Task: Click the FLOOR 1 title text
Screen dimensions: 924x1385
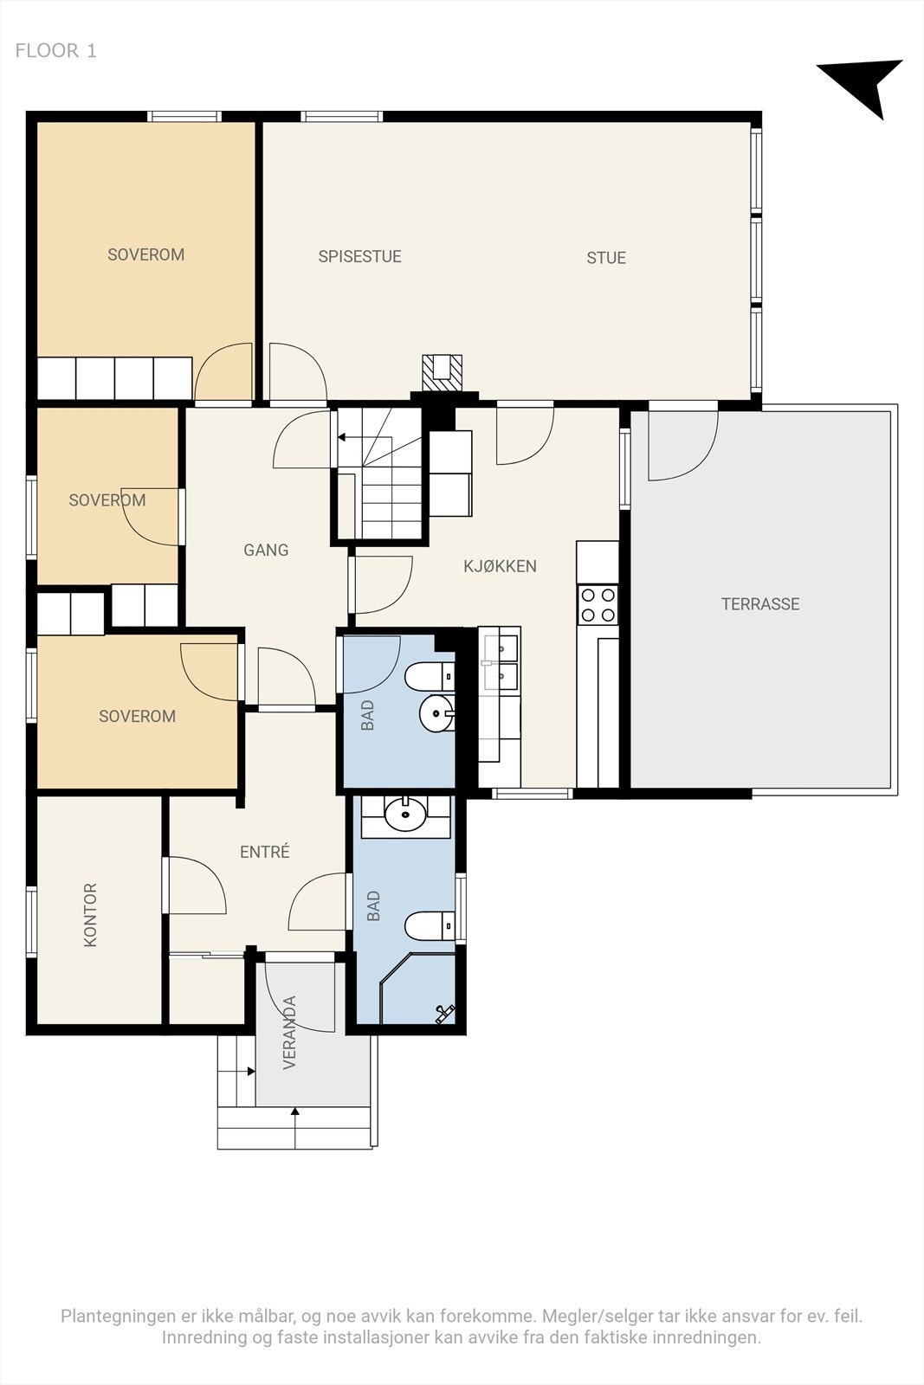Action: click(55, 51)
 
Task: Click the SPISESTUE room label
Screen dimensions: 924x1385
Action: click(360, 256)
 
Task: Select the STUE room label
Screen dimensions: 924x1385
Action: click(606, 258)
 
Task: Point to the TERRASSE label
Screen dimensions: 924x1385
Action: click(760, 604)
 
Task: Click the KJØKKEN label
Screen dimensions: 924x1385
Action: click(500, 566)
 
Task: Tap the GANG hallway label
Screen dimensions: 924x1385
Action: click(266, 550)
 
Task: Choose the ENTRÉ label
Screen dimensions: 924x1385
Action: click(265, 852)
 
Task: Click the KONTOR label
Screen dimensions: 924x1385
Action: click(90, 914)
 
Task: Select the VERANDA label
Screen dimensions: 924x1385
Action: click(289, 1033)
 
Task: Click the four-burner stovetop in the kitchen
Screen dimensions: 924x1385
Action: click(598, 605)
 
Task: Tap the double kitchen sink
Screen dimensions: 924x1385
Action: click(500, 661)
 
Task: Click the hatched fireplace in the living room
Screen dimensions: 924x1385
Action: click(443, 373)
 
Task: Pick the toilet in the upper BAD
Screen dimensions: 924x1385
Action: click(430, 676)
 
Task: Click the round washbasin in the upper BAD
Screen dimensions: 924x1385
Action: click(437, 713)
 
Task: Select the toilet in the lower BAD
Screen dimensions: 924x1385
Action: click(430, 925)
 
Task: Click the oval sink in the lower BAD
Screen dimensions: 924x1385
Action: click(405, 814)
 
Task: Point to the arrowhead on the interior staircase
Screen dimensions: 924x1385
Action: click(341, 437)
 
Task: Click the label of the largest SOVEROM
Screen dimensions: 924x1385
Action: click(146, 254)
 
